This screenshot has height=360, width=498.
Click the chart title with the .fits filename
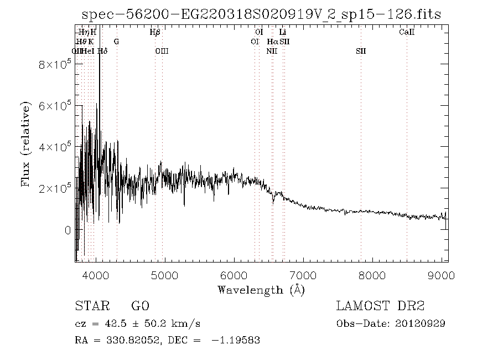pyautogui.click(x=261, y=15)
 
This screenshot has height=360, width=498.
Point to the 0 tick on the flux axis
pyautogui.click(x=68, y=230)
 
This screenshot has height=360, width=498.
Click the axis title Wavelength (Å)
pyautogui.click(x=261, y=289)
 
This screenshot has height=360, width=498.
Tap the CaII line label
pyautogui.click(x=407, y=32)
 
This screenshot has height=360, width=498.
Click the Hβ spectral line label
pyautogui.click(x=155, y=32)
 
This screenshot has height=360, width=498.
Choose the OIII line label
pyautogui.click(x=162, y=51)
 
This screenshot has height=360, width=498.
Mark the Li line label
pyautogui.click(x=282, y=32)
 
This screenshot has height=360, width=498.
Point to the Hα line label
pyautogui.click(x=273, y=42)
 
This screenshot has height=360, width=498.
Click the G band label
pyautogui.click(x=116, y=42)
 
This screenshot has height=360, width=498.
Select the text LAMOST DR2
pyautogui.click(x=380, y=306)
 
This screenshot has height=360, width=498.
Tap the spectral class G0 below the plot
pyautogui.click(x=140, y=306)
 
